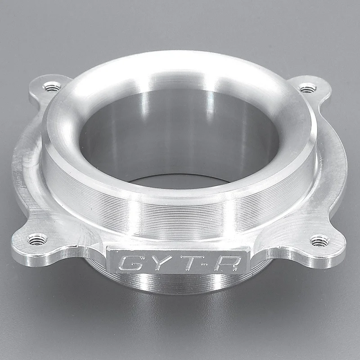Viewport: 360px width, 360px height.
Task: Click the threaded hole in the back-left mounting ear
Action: click(52, 87)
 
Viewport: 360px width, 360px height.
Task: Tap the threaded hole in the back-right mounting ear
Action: click(307, 88)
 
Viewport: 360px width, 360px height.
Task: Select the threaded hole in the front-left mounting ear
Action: click(37, 239)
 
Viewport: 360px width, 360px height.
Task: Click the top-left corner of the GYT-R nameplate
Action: click(107, 246)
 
